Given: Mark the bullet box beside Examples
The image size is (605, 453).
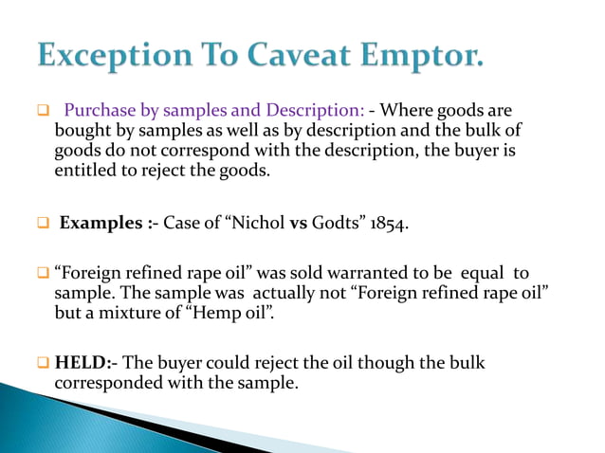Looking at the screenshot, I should click(43, 224).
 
